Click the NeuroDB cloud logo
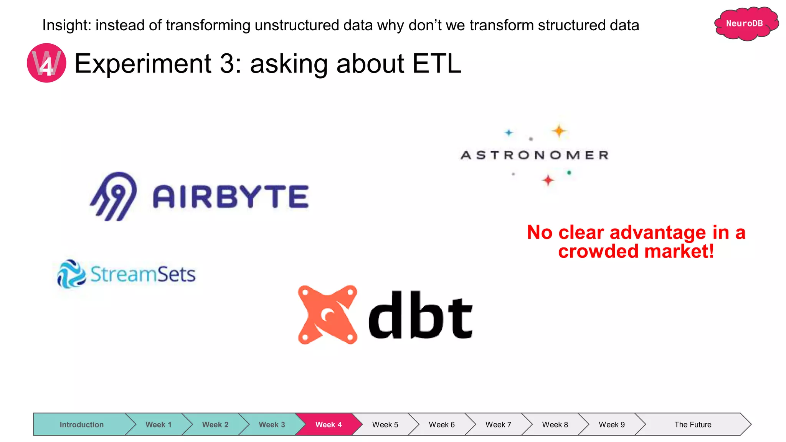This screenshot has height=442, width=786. tap(745, 24)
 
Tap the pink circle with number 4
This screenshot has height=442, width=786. tap(46, 63)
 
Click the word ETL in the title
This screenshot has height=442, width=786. tap(436, 63)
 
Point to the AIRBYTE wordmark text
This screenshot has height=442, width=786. tap(231, 197)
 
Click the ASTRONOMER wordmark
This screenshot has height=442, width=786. tap(535, 155)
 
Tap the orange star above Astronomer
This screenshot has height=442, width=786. tap(559, 131)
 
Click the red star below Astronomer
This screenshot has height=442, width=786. tap(548, 180)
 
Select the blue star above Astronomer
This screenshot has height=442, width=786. tap(509, 133)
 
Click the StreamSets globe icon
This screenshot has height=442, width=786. tap(71, 274)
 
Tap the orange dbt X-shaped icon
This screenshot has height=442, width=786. tap(327, 315)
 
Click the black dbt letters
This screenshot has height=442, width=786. tap(420, 315)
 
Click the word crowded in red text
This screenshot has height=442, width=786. tap(599, 252)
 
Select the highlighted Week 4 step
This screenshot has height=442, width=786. tap(328, 424)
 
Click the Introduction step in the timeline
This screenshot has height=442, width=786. tap(81, 424)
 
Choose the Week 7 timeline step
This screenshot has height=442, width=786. tap(498, 424)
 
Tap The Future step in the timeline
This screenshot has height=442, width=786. tap(692, 424)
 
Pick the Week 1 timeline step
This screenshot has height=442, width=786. tap(158, 424)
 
